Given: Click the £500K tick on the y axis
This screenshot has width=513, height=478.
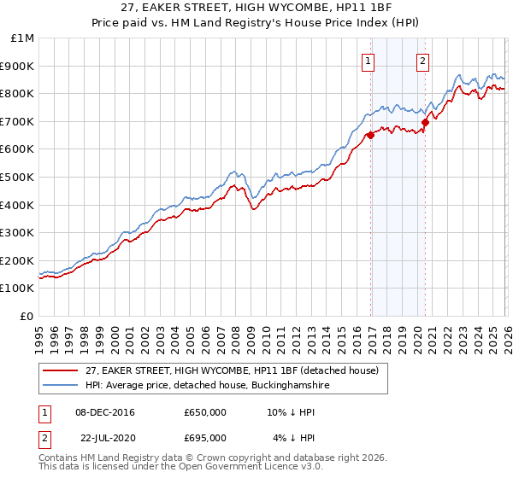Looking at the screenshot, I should pyautogui.click(x=18, y=177).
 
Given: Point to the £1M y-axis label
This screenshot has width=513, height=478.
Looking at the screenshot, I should pyautogui.click(x=21, y=38).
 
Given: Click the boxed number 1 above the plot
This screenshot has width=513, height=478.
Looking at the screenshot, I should pyautogui.click(x=368, y=61).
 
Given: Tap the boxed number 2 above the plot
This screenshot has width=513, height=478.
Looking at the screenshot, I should pyautogui.click(x=422, y=61).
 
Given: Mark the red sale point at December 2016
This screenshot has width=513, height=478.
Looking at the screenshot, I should pyautogui.click(x=370, y=135).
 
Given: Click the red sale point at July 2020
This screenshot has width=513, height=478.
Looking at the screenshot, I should pyautogui.click(x=425, y=123).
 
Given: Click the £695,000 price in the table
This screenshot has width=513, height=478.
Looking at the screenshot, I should pyautogui.click(x=205, y=438).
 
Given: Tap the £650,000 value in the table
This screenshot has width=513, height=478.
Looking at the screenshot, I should pyautogui.click(x=205, y=412).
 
